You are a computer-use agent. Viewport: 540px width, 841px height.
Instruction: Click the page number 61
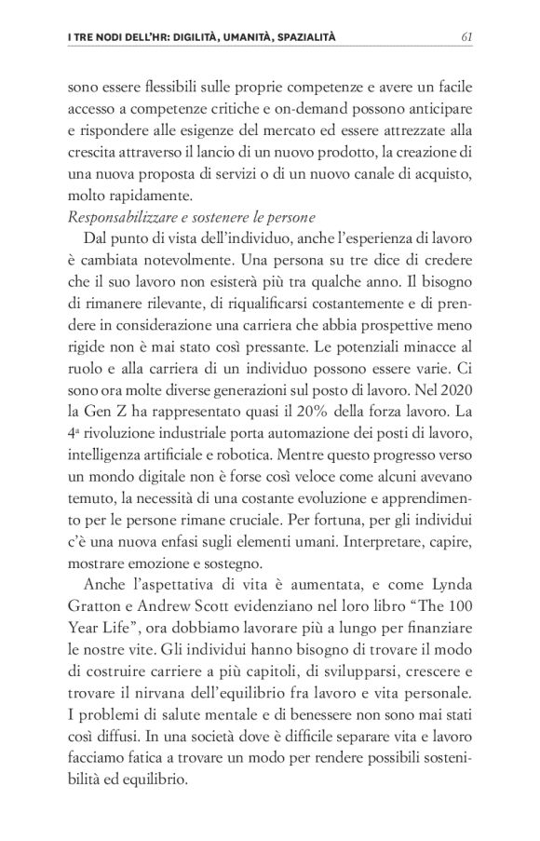(x=468, y=37)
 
